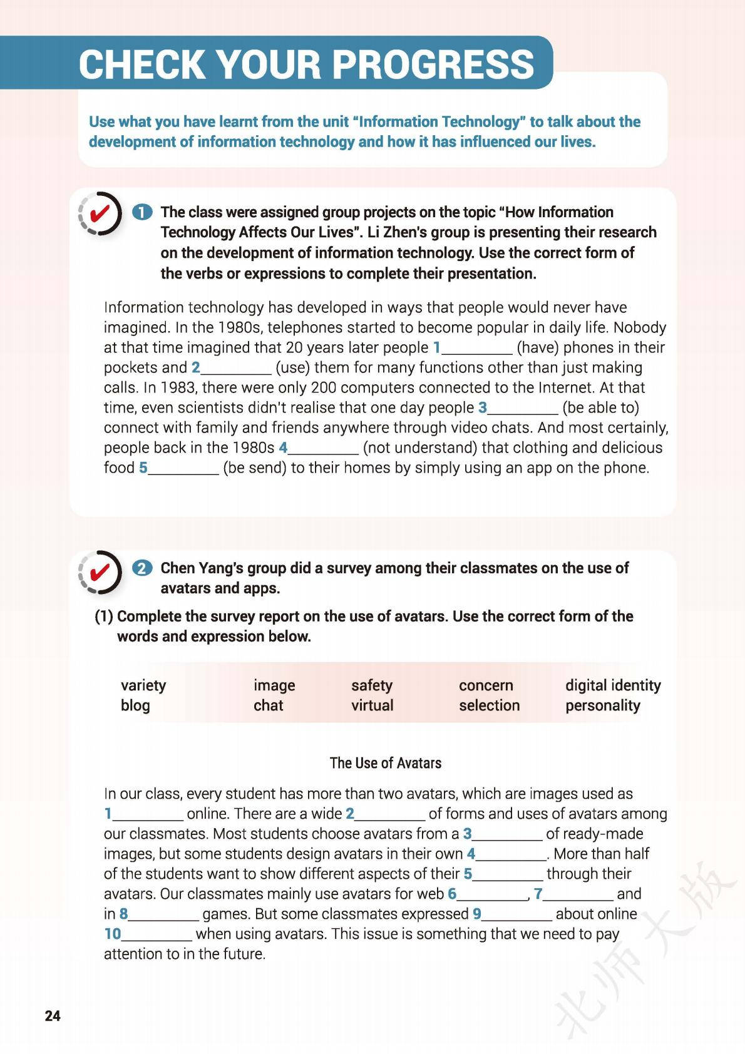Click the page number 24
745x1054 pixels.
pos(53,1015)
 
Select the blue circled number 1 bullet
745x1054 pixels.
pos(143,212)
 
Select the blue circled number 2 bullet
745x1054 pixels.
pos(143,568)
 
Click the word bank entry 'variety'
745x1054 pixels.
pos(143,685)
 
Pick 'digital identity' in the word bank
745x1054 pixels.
pos(613,685)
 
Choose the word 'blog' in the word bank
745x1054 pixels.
pos(135,705)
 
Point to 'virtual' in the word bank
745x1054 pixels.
pos(372,705)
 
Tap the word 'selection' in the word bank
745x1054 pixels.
pos(489,705)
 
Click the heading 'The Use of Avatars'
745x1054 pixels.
pos(385,763)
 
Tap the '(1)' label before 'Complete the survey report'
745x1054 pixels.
pos(104,617)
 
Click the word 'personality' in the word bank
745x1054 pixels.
pos(603,705)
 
